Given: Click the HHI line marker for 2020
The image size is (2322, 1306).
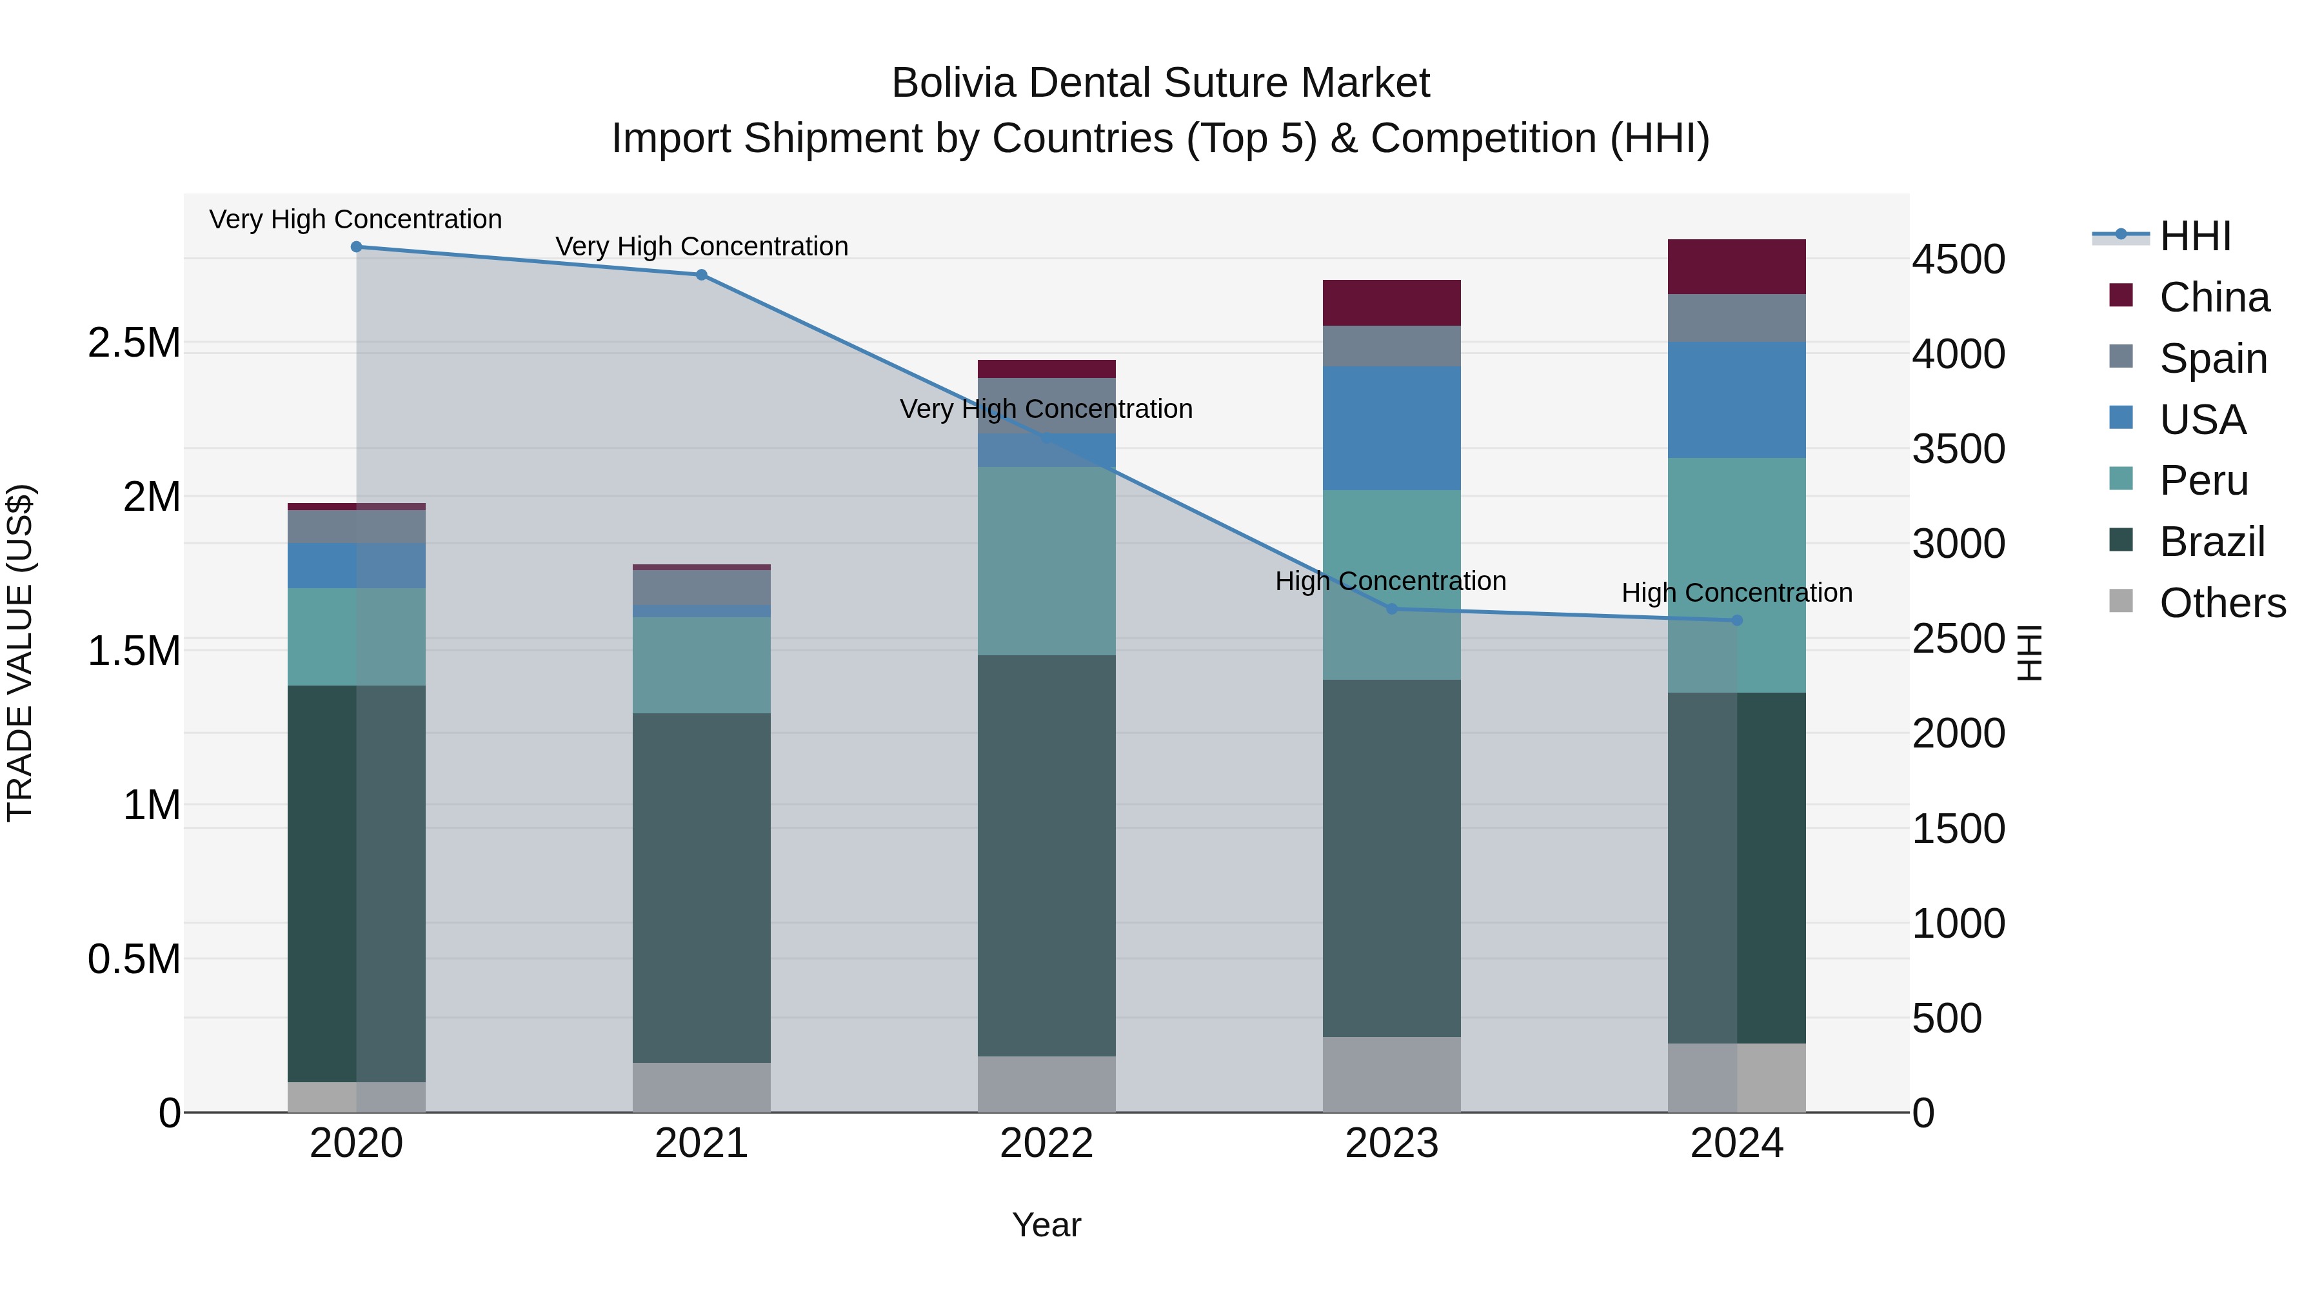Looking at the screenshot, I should (356, 247).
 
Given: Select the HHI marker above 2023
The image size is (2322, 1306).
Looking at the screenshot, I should (1392, 609).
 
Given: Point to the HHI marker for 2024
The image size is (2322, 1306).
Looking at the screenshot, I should (1737, 620).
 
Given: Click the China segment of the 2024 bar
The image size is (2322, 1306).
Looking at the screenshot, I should (1736, 267).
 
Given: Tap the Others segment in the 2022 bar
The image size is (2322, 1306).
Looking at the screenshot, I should (1047, 1084).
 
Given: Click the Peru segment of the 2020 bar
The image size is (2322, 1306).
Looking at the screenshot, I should (356, 637).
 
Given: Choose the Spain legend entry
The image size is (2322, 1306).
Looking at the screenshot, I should (2213, 359).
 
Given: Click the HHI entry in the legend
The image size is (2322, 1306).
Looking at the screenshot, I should (2195, 236).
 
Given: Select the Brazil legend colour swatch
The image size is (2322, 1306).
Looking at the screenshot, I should (2121, 540).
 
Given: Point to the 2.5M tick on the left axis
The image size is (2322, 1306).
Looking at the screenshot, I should (134, 343).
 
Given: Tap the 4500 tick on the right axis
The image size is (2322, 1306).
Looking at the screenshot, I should (1959, 259).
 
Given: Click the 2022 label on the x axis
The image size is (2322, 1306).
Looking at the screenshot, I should (1047, 1143).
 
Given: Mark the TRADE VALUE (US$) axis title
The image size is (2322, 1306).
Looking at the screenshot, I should (20, 653).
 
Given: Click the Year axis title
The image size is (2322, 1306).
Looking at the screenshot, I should (1047, 1225).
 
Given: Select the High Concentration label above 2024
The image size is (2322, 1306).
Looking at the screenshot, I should (1737, 593).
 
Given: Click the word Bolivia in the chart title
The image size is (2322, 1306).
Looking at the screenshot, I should (954, 83).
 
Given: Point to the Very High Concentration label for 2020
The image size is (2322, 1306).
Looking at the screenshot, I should (356, 219).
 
